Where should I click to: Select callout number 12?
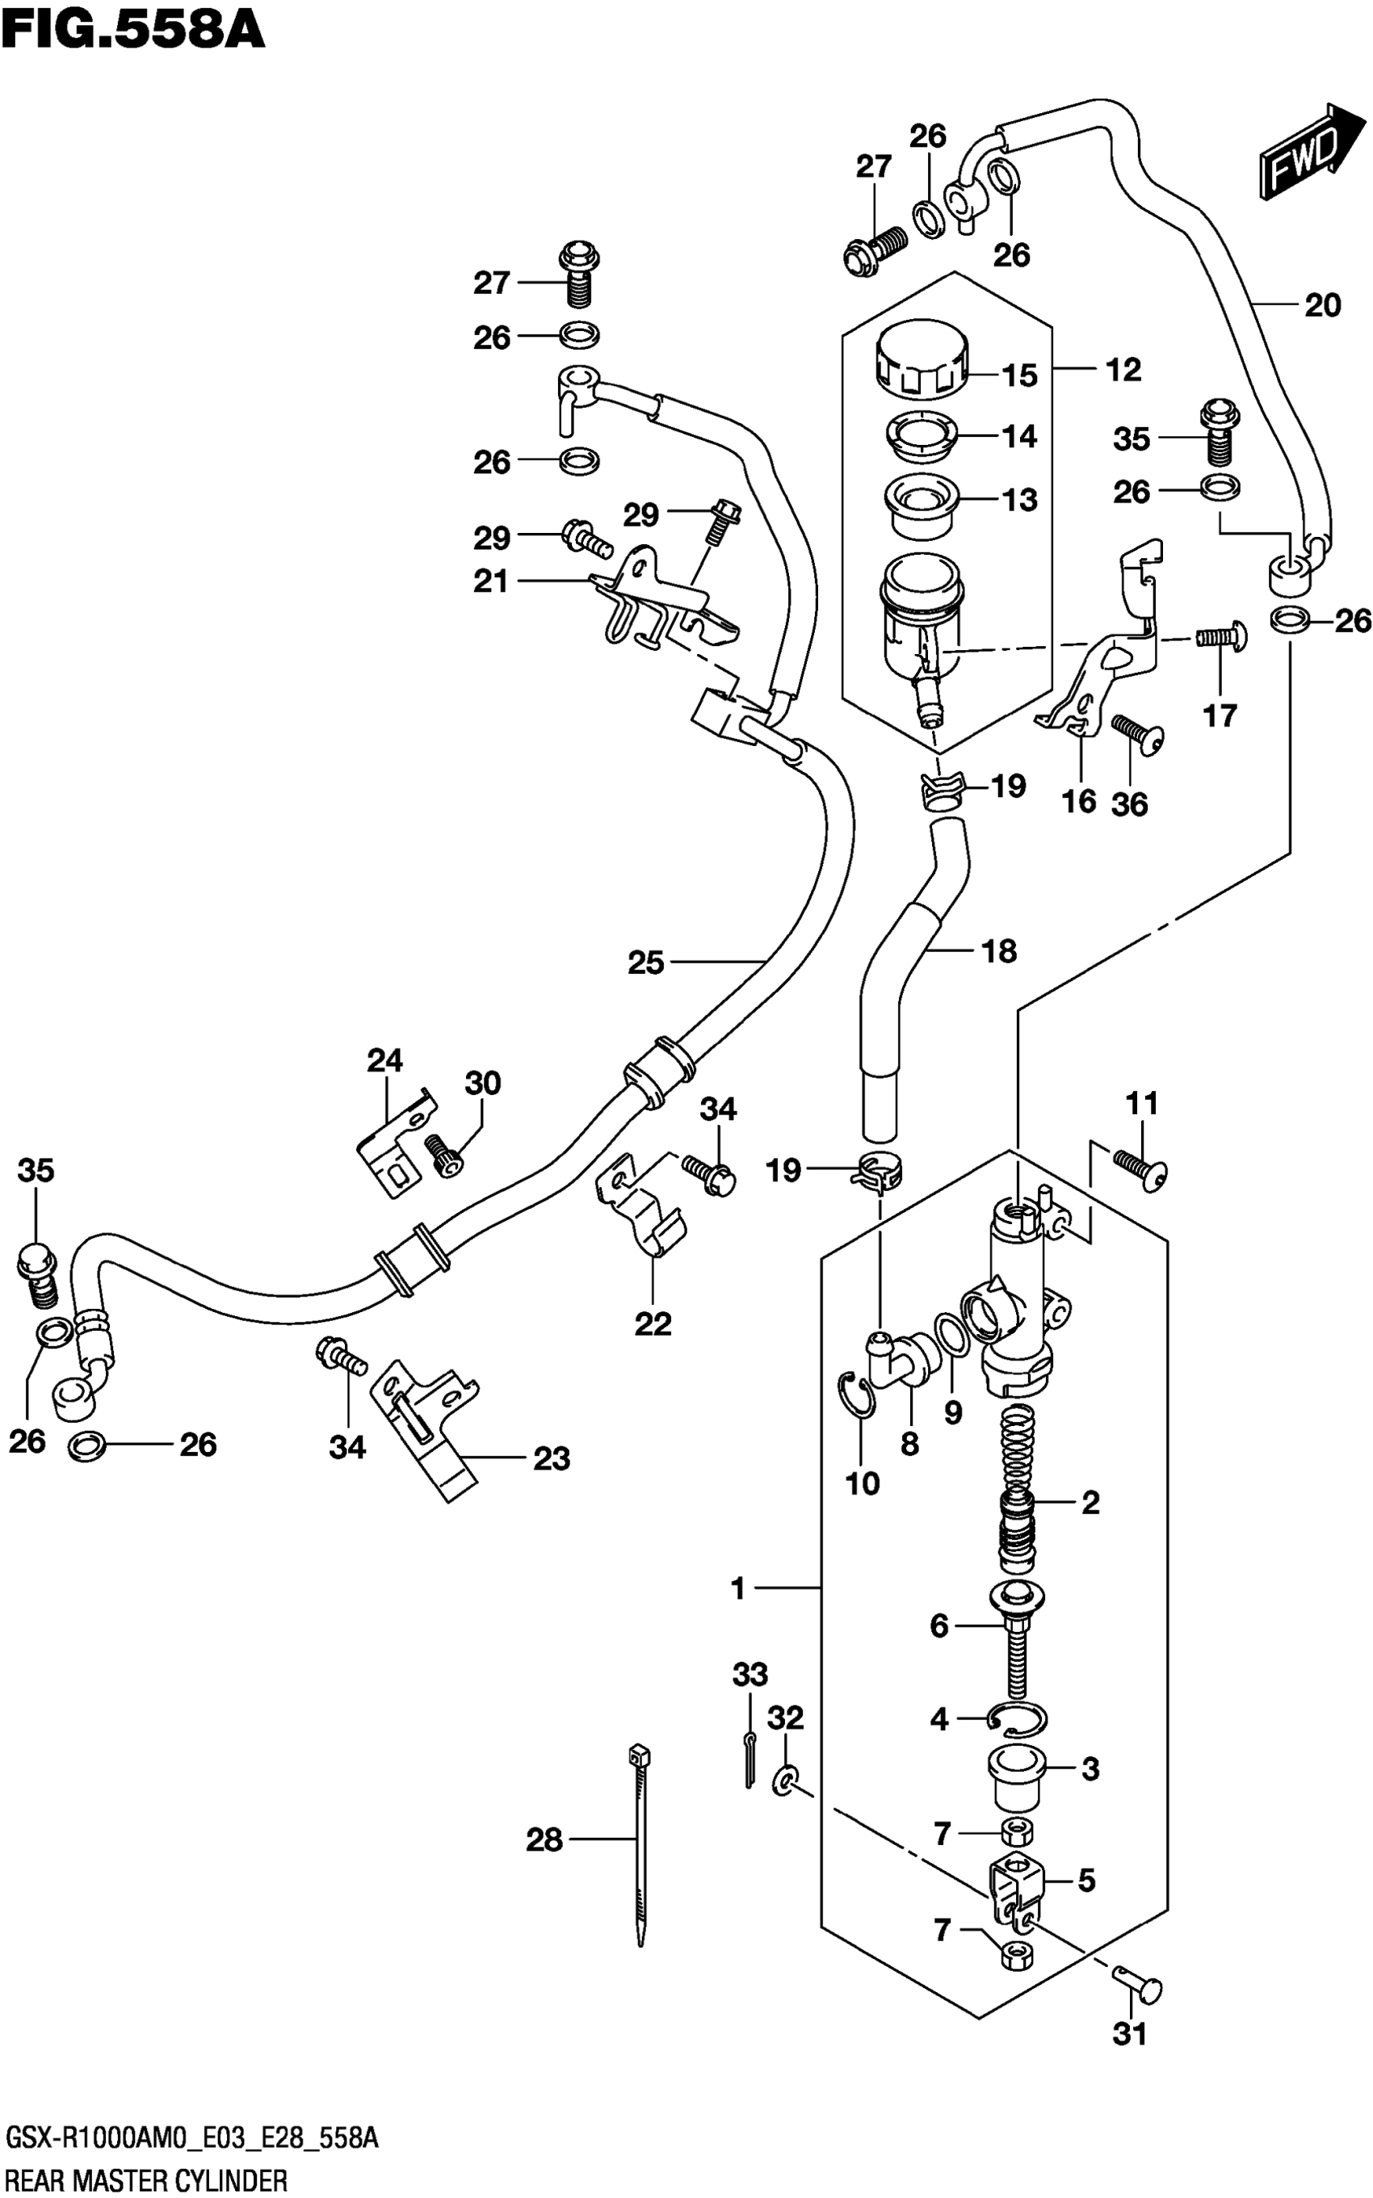click(x=1123, y=370)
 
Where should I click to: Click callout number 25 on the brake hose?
click(x=645, y=963)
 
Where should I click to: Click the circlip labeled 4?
click(x=1018, y=1717)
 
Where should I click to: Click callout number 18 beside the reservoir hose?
click(x=999, y=950)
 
